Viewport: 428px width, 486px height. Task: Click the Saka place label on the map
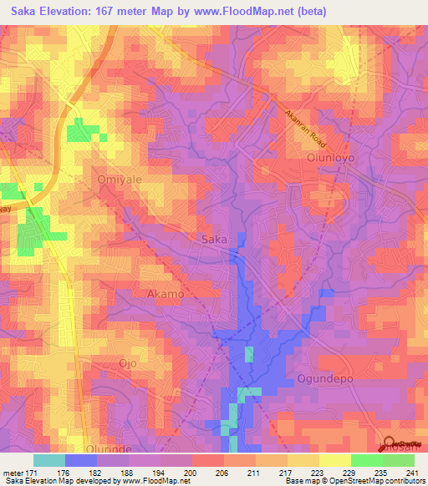click(x=215, y=240)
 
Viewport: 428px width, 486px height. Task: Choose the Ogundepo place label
click(x=327, y=378)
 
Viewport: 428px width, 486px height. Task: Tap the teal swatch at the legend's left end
click(x=49, y=459)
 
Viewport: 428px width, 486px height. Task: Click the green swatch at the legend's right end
click(x=398, y=459)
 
